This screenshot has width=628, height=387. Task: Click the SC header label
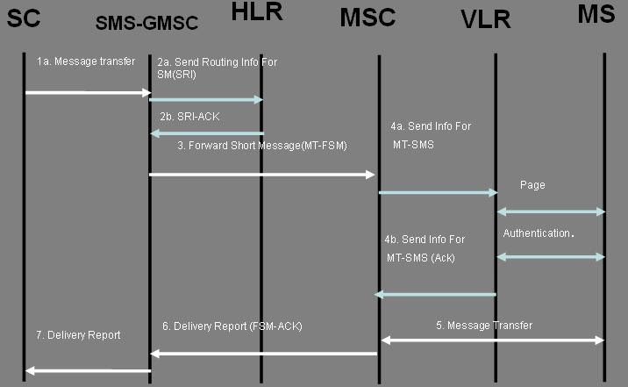click(x=25, y=18)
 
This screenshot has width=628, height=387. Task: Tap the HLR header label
click(x=260, y=13)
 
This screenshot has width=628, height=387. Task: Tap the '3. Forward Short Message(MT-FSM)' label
click(x=262, y=146)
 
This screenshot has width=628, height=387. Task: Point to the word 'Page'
click(x=533, y=186)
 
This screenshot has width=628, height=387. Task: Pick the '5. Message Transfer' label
click(x=484, y=326)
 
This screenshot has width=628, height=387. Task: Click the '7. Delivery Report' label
click(x=77, y=334)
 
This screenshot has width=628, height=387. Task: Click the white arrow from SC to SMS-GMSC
click(x=89, y=91)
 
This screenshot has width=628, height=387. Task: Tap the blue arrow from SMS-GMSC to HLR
click(x=206, y=100)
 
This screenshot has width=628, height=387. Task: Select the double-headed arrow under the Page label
click(x=551, y=211)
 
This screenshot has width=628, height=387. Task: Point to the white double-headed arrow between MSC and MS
click(x=492, y=340)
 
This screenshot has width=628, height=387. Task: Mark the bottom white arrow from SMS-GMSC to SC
click(x=88, y=370)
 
